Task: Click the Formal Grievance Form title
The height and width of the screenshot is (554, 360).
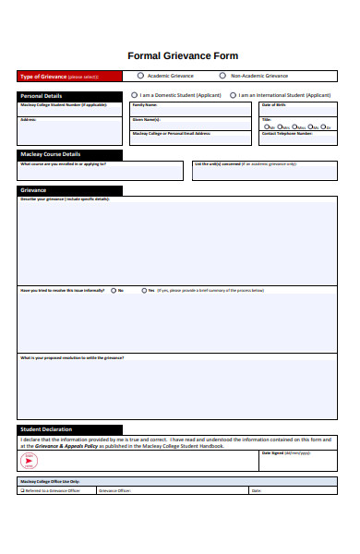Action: (x=182, y=55)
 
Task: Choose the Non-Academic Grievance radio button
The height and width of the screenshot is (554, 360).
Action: (x=222, y=76)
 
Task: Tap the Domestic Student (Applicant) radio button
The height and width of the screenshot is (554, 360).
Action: (x=135, y=94)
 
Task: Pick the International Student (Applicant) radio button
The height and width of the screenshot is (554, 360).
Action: (x=233, y=94)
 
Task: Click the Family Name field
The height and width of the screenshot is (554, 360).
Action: (x=191, y=111)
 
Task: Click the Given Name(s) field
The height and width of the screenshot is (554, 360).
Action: (x=191, y=125)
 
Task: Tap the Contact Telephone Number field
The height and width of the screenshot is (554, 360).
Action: (x=298, y=139)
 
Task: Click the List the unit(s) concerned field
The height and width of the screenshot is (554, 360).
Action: (x=264, y=173)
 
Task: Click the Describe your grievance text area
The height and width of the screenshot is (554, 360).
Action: (x=177, y=242)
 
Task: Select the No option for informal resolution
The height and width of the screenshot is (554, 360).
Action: (x=113, y=290)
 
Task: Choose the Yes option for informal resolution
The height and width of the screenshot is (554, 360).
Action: (x=143, y=290)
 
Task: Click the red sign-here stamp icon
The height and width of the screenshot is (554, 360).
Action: (x=28, y=460)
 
